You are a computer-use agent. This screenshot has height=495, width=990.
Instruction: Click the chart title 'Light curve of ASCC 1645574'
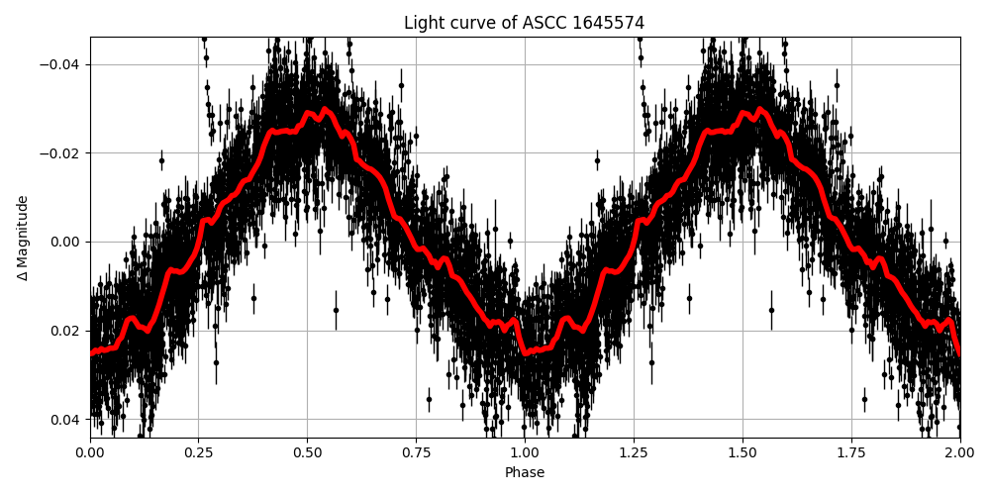coord(524,23)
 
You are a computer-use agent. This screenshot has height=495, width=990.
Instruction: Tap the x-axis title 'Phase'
coord(524,473)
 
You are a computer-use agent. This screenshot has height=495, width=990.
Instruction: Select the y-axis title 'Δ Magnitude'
coord(23,238)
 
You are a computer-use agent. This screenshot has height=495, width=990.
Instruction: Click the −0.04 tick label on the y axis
coord(61,64)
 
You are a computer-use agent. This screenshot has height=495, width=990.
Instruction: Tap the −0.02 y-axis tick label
coord(61,153)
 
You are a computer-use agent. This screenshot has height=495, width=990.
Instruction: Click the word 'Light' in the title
coord(422,23)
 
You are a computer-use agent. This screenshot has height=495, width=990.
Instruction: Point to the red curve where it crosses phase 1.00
coord(525,350)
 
